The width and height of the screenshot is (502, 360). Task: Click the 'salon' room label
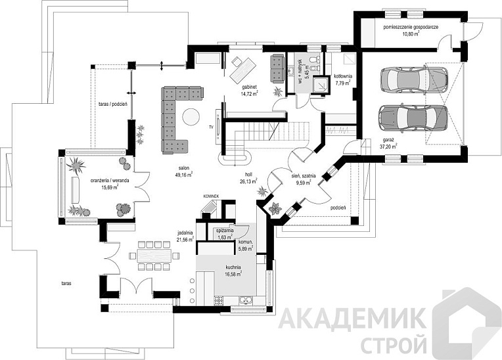click(184, 168)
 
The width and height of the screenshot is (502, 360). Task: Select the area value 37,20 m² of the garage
click(389, 146)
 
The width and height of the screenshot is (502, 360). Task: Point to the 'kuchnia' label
click(233, 267)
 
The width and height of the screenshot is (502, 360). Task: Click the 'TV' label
click(211, 127)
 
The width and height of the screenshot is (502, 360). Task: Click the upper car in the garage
click(414, 79)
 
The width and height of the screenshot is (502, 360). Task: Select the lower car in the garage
click(413, 118)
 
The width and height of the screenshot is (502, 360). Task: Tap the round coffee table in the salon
click(191, 117)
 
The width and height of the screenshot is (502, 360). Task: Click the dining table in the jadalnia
click(154, 256)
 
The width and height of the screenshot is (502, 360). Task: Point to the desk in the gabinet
click(242, 70)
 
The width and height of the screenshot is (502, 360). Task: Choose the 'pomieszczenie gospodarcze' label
click(411, 27)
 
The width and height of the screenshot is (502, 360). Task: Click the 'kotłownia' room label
click(343, 76)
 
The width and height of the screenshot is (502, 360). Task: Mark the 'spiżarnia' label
click(225, 231)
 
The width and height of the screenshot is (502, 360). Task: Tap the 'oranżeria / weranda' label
click(110, 181)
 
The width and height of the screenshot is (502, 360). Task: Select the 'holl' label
click(249, 175)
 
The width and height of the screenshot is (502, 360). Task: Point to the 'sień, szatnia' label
click(304, 175)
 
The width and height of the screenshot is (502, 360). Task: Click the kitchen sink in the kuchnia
click(246, 300)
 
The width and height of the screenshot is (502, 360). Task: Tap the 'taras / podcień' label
click(112, 104)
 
